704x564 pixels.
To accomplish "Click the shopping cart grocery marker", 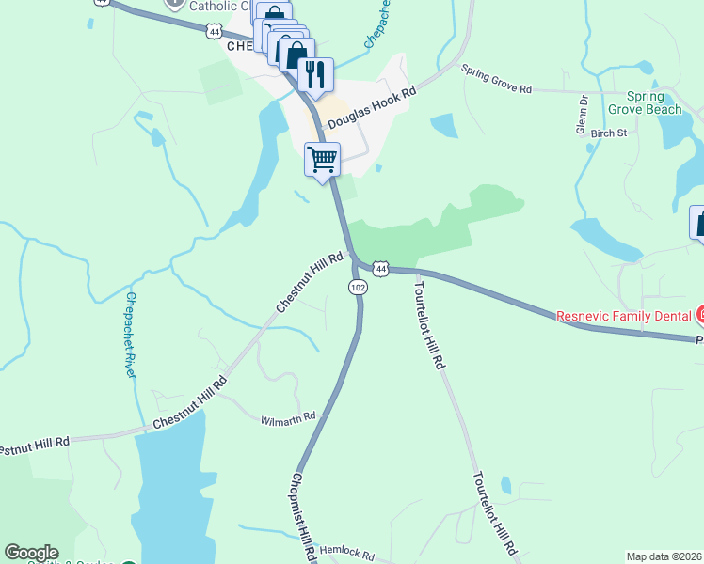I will coord(322,159).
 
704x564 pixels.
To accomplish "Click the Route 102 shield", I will coord(358,287).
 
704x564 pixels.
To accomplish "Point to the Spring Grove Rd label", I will coord(496,79).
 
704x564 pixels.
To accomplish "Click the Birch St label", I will coord(609,133).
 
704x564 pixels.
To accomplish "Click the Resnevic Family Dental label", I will coord(623,316).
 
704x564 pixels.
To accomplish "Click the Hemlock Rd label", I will coord(347,555).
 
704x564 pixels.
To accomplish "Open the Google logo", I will coord(31,553).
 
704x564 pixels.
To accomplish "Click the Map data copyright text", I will coord(664,556).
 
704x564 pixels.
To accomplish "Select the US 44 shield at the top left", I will coord(216,32).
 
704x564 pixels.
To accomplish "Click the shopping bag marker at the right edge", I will coord(698,224).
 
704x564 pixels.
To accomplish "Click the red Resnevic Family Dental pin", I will coord(699,315).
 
